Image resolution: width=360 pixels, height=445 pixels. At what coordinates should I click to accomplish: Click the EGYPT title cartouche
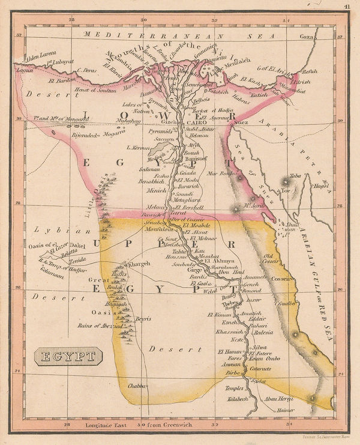(68, 358)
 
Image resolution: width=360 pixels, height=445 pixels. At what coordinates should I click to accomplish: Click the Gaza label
(307, 37)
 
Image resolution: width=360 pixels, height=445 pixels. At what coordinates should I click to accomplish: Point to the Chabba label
(137, 387)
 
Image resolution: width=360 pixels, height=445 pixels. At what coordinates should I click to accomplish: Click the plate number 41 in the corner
(347, 7)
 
